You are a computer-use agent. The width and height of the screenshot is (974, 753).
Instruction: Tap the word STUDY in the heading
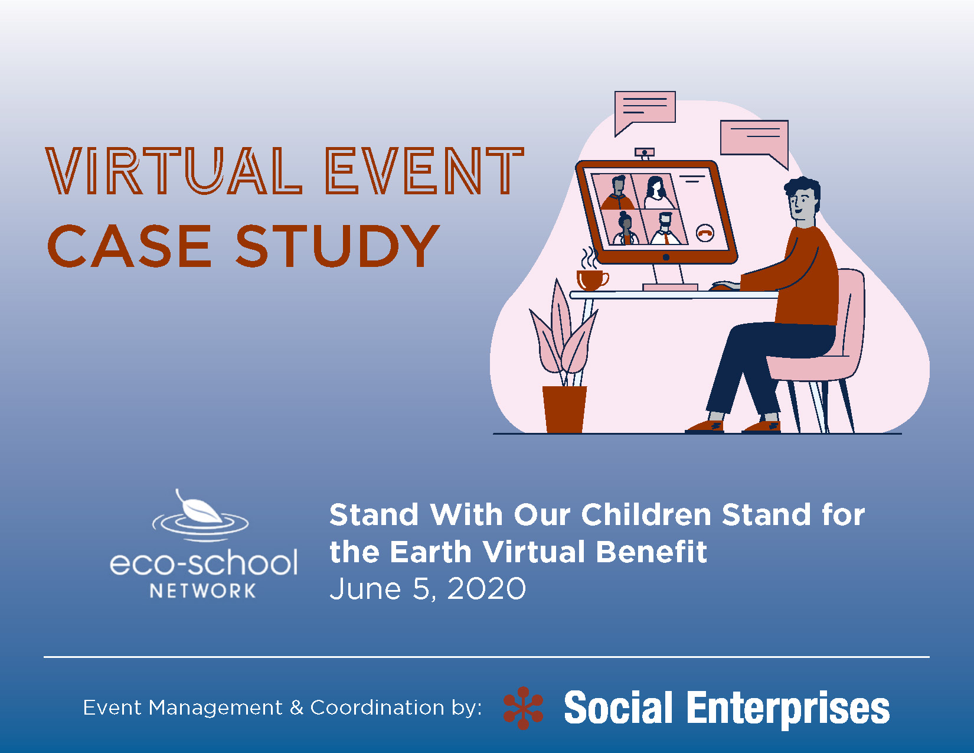338,246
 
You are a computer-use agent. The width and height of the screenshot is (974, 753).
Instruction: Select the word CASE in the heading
129,246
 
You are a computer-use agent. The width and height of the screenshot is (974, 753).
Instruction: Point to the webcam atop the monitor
645,153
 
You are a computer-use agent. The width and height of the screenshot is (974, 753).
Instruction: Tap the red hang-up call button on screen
705,233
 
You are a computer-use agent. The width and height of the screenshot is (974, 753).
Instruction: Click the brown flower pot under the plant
564,409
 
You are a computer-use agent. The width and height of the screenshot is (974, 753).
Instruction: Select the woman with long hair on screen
656,193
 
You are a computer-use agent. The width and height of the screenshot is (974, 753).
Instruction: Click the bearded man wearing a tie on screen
666,229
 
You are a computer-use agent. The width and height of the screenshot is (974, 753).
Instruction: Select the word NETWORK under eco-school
202,591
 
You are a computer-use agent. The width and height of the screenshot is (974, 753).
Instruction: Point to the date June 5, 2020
427,588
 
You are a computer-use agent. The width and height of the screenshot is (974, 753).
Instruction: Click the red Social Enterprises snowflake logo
523,708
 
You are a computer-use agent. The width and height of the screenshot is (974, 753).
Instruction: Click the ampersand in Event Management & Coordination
296,708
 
